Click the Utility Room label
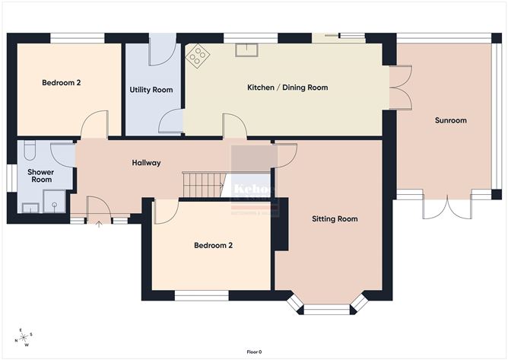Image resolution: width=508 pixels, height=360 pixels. pyautogui.click(x=151, y=90)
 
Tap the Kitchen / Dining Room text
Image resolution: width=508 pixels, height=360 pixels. pyautogui.click(x=287, y=88)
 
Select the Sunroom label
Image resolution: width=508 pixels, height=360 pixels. pyautogui.click(x=450, y=120)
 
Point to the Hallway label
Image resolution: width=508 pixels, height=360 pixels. pyautogui.click(x=146, y=162)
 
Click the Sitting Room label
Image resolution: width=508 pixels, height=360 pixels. pyautogui.click(x=335, y=219)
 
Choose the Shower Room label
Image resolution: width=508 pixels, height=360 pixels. pyautogui.click(x=40, y=176)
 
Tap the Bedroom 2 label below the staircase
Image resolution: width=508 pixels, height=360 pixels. pyautogui.click(x=213, y=245)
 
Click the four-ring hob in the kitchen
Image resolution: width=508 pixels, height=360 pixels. pyautogui.click(x=198, y=55)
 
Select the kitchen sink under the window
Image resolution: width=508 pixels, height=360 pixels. pyautogui.click(x=246, y=50)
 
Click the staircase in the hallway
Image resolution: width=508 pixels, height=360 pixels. pyautogui.click(x=203, y=184)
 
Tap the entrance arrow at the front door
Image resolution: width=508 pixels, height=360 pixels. pyautogui.click(x=100, y=224)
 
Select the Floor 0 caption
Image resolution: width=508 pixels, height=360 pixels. pyautogui.click(x=254, y=352)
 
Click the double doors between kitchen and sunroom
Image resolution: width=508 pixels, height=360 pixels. pyautogui.click(x=400, y=88)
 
